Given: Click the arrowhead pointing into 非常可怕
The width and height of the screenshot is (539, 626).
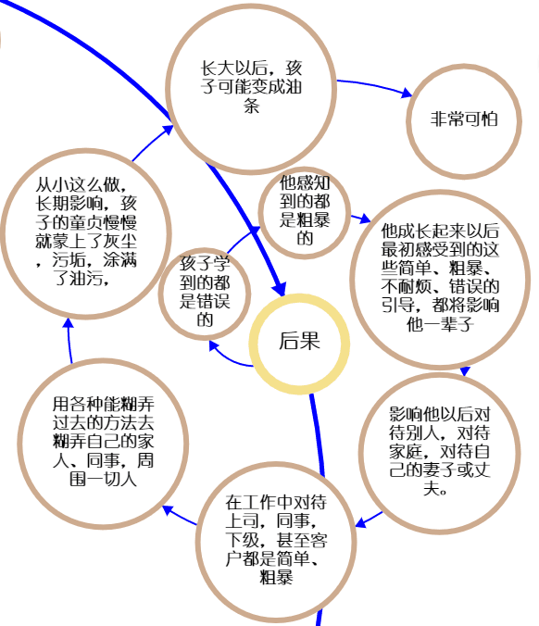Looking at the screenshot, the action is point(407,93).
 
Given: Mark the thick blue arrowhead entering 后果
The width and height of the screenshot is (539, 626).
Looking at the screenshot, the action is point(279,288).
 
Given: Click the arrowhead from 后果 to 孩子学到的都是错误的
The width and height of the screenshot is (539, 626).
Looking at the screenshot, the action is point(214,345).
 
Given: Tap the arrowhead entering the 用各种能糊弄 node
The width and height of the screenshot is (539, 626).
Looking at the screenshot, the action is point(168,510).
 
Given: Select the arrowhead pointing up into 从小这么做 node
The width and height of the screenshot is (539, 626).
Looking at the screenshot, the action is point(69,323).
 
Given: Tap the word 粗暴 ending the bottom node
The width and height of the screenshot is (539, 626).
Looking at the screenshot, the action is point(276,577).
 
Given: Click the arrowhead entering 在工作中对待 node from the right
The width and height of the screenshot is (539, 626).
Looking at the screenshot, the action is point(361,521).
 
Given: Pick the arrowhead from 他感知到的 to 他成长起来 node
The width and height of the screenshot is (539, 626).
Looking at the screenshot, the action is point(365,218).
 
